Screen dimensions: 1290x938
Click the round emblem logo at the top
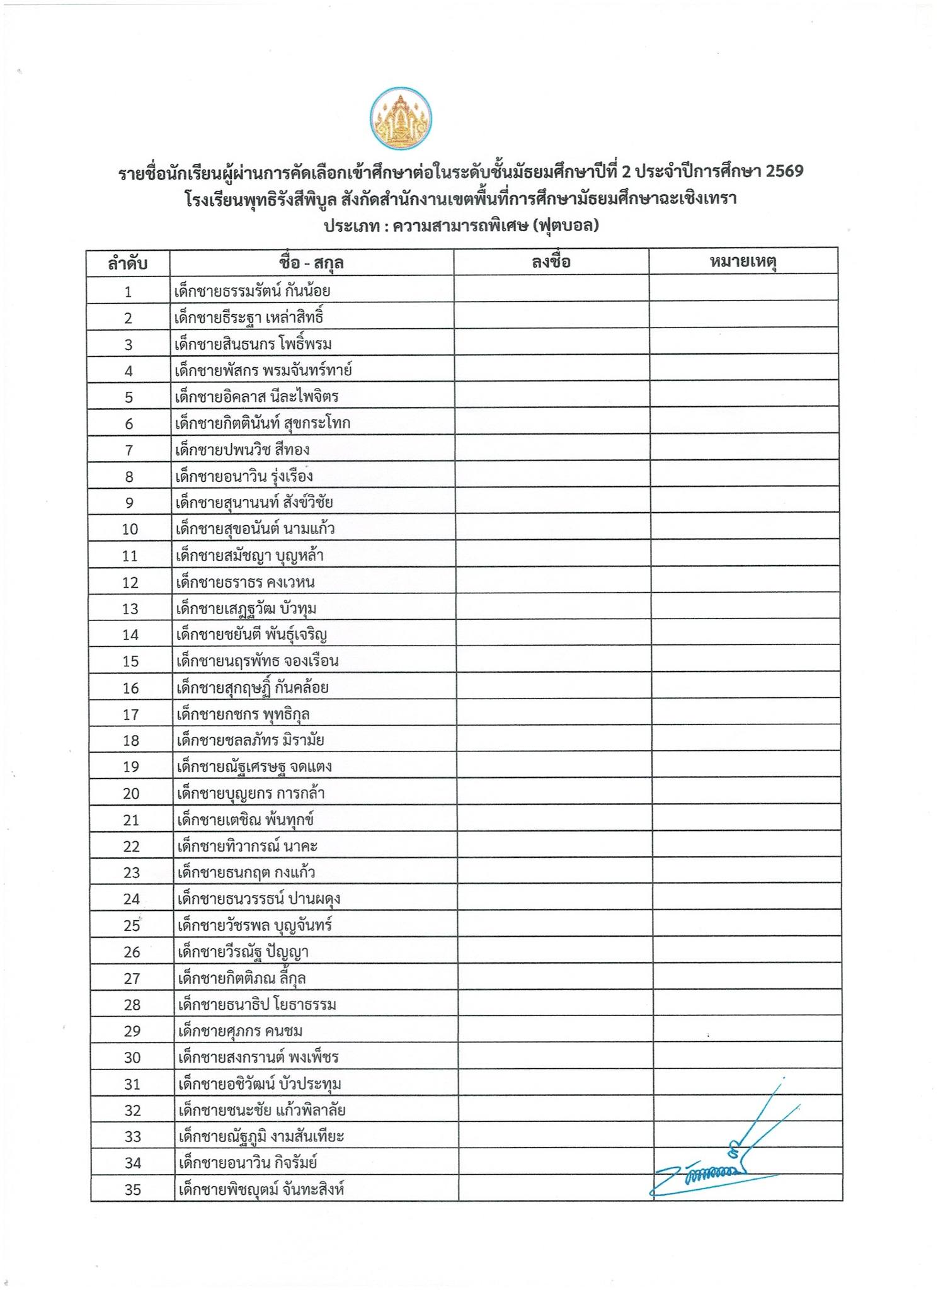(x=401, y=118)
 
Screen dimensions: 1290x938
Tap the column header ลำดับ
(x=128, y=263)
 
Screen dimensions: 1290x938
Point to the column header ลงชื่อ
(x=551, y=262)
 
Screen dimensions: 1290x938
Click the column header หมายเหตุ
(x=743, y=262)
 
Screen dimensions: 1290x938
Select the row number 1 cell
(x=129, y=292)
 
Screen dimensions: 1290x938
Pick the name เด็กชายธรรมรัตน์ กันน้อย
(x=253, y=291)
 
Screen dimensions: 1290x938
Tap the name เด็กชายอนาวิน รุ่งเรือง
(x=244, y=476)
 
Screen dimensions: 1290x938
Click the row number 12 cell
(x=130, y=583)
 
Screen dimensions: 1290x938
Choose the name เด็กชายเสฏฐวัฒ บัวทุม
(x=246, y=608)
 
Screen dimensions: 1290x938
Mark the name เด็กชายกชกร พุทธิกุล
(x=243, y=714)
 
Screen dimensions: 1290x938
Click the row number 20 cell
(x=131, y=794)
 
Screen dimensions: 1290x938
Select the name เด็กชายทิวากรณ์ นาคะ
(x=247, y=847)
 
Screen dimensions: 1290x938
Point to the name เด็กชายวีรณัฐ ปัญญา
(x=243, y=952)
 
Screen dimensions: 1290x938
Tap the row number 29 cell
(x=132, y=1032)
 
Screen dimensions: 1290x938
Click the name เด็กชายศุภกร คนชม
(x=240, y=1031)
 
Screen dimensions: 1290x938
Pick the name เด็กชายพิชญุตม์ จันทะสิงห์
(x=261, y=1190)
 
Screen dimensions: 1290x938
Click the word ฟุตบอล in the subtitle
(x=565, y=225)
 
